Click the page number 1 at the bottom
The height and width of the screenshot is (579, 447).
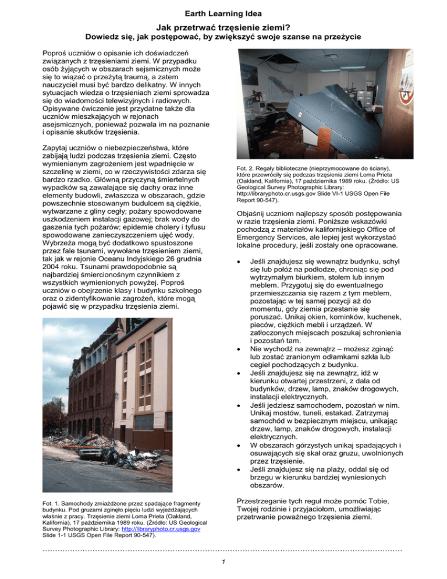(223, 560)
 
